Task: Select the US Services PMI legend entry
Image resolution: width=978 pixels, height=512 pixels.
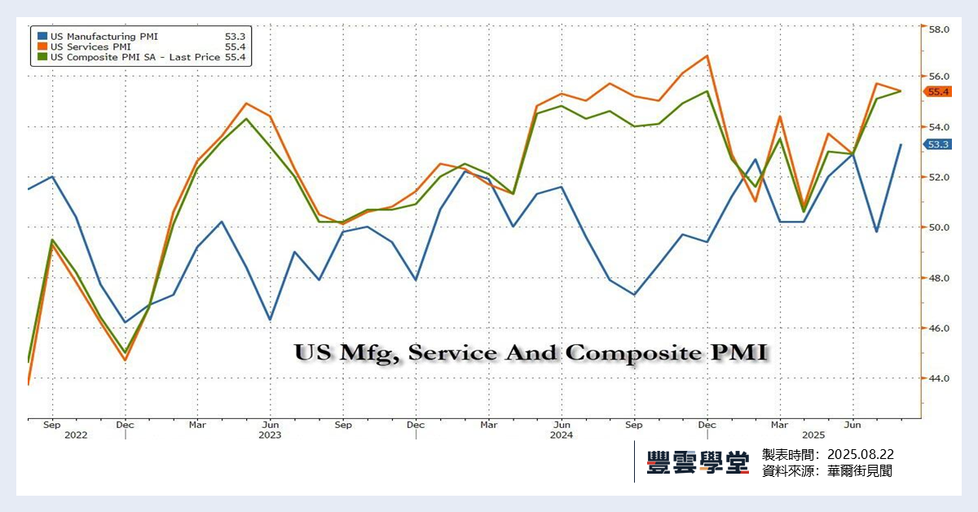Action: [x=90, y=46]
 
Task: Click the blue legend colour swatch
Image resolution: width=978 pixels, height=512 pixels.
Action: [x=42, y=36]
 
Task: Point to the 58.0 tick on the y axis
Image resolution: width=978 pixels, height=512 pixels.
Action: [x=939, y=29]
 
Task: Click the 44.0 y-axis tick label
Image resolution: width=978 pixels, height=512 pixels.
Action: [x=939, y=379]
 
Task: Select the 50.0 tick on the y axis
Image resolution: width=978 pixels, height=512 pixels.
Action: [x=939, y=227]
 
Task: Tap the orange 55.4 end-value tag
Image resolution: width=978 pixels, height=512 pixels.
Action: [x=938, y=91]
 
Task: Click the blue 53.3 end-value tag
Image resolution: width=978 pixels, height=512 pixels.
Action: [x=938, y=144]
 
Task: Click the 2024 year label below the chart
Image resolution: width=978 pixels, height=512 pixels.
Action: [x=561, y=435]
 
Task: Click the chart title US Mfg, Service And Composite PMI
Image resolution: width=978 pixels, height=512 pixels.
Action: [x=531, y=353]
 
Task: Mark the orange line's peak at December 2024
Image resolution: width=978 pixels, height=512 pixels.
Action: [x=707, y=55]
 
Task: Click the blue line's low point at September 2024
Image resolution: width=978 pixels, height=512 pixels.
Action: [x=634, y=294]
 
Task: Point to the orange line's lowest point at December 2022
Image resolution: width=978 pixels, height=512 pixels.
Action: [x=125, y=360]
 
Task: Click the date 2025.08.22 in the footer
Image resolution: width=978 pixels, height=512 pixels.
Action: [x=861, y=454]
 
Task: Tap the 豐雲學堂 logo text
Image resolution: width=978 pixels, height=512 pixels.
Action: [x=698, y=462]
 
